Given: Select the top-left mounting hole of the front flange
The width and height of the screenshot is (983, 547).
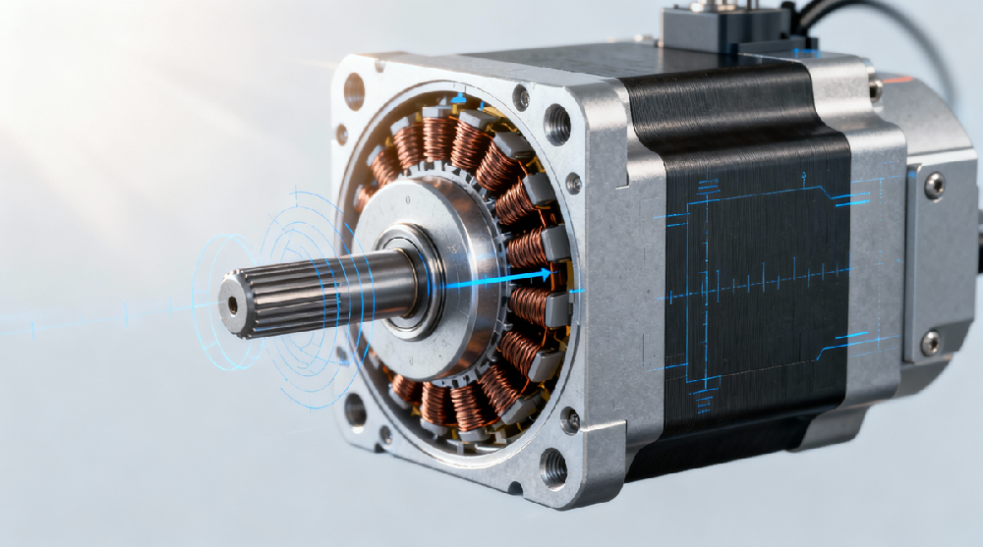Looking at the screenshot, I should tap(354, 90).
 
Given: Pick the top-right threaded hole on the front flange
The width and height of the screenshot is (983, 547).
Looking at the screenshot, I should tap(556, 125).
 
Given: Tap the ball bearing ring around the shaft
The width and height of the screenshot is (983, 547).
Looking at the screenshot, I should tap(399, 278).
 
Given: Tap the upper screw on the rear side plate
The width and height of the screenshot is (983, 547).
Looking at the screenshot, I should tap(933, 185).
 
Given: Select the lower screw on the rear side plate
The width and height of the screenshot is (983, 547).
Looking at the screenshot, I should tap(930, 341).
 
